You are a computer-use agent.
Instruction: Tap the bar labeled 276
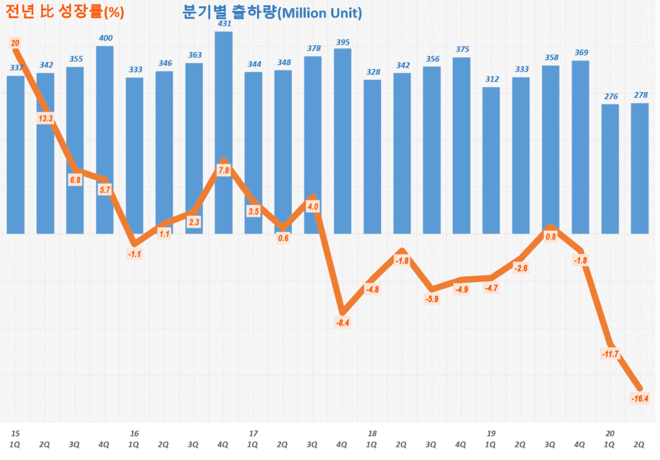(x=610, y=168)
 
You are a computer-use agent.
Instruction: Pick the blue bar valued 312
(x=491, y=161)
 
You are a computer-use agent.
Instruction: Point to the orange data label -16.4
(x=639, y=398)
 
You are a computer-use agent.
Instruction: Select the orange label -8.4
(x=343, y=322)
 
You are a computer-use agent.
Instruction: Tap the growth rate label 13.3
(x=46, y=119)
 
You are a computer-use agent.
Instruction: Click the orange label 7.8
(x=224, y=171)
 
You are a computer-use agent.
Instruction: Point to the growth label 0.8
(x=550, y=236)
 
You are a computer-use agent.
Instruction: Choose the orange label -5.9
(x=432, y=299)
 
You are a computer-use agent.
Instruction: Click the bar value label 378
(x=313, y=48)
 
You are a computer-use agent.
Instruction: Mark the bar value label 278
(x=640, y=95)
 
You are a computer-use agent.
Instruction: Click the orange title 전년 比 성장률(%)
(x=64, y=12)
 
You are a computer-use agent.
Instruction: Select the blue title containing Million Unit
(x=272, y=13)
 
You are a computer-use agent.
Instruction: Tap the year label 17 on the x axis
(x=253, y=433)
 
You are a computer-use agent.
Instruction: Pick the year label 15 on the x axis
(x=15, y=433)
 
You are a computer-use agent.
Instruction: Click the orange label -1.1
(x=135, y=254)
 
